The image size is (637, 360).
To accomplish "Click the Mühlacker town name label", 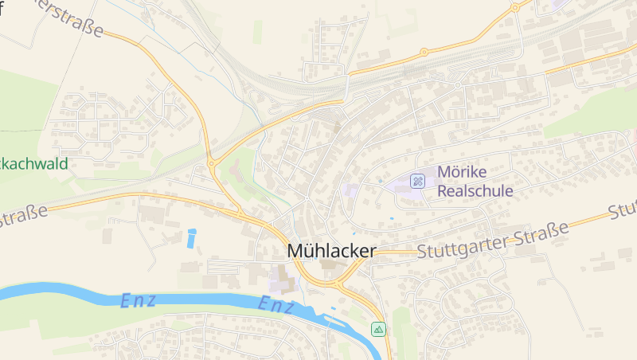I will pos(331,251).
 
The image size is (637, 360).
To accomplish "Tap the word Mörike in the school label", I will pos(462,173).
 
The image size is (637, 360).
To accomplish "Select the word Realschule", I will pos(475,191).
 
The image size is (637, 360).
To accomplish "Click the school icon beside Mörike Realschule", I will pos(417,181).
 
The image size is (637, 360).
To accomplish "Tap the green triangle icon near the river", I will pos(378,328).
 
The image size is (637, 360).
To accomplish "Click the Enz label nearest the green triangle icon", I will pos(276,303).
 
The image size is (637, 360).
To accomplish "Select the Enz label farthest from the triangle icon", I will pos(138,301).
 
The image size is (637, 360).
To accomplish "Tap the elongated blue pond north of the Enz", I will pos(191,237).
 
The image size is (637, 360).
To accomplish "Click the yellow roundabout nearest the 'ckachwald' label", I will pos(213,164).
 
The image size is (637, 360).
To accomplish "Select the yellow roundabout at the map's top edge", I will pos(515,7).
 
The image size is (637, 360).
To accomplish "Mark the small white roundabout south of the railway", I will pos(458,84).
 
